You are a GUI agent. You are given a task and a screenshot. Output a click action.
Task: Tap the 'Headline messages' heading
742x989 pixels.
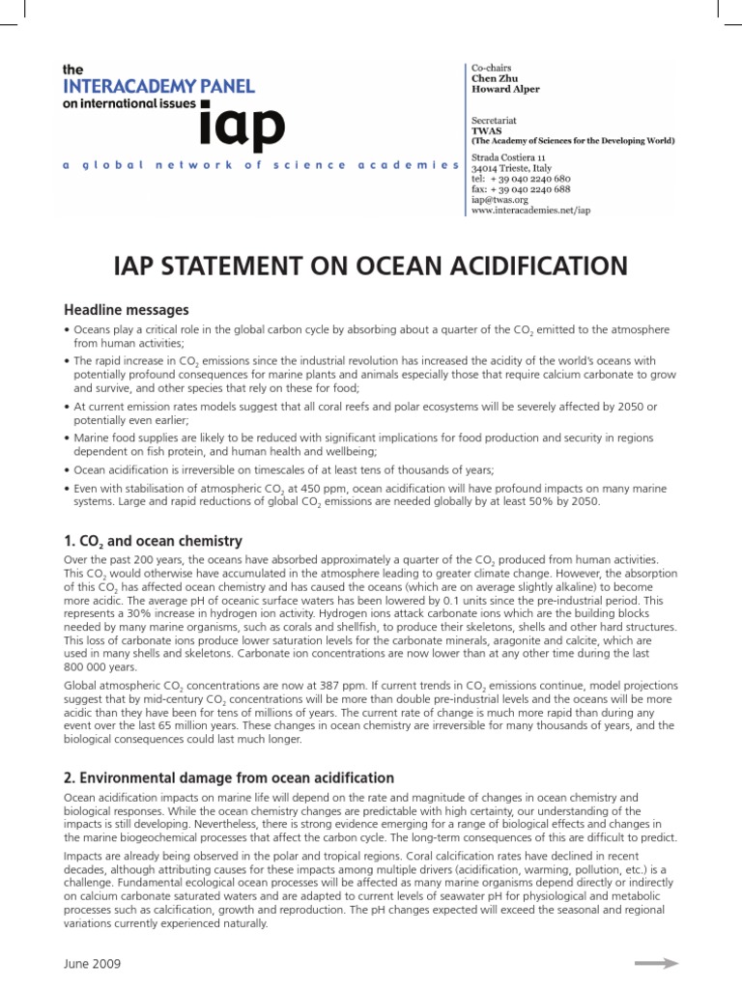(x=126, y=310)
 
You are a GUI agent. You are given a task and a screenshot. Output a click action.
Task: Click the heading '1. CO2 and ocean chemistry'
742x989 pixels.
(x=153, y=541)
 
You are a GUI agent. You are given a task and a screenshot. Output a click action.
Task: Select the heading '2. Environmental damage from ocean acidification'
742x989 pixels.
(x=229, y=777)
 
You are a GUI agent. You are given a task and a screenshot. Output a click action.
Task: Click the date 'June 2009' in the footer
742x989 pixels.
(x=91, y=965)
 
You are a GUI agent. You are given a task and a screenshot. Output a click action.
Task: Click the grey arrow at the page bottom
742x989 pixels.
(x=656, y=963)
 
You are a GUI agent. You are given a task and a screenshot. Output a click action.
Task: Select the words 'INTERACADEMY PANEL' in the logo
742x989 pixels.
(x=158, y=86)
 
